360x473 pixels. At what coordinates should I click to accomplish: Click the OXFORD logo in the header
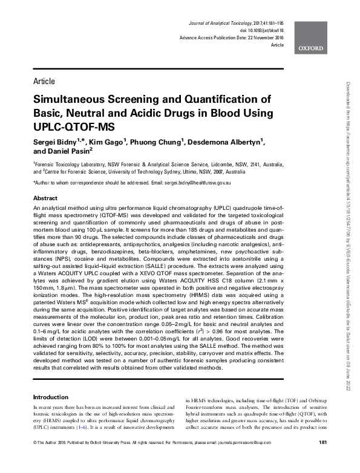(x=310, y=47)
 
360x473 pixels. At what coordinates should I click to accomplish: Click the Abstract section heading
(x=45, y=198)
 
